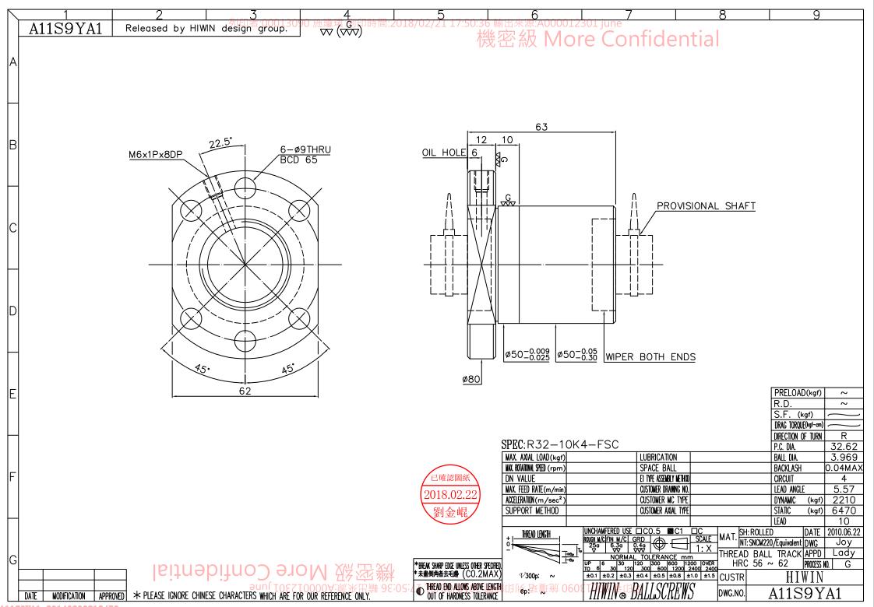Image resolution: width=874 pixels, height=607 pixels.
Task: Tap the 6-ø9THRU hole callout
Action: [305, 150]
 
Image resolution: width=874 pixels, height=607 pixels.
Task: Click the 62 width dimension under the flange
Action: [245, 391]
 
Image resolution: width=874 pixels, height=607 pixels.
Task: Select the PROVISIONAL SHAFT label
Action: [706, 206]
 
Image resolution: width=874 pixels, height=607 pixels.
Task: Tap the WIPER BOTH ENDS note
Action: [650, 357]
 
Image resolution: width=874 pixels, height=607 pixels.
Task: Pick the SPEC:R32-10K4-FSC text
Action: [561, 445]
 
